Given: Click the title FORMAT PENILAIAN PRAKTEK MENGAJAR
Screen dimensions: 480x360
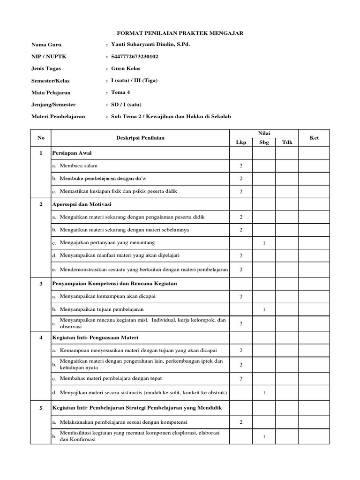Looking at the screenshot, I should coord(180,33).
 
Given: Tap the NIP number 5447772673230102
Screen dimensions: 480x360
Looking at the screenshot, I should coord(135,56).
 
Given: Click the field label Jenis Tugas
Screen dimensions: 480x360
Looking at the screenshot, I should coord(46,68).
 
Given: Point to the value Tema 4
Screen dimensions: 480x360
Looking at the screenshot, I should coord(120,92).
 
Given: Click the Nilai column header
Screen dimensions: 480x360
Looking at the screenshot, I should coord(264,134).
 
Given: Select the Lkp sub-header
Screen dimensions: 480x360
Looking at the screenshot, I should coord(241,142).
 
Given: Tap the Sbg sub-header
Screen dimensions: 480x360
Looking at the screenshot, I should coord(264,142).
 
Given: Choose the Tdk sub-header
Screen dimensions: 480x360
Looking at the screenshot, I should coord(287,142).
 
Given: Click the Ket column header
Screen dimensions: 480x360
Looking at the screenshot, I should coord(314,138).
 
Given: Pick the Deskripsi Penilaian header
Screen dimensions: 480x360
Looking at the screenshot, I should coord(140,138).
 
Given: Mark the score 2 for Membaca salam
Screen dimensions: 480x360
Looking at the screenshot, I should coord(241,166).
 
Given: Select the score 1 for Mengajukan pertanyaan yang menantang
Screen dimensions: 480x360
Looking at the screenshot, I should coord(264,243).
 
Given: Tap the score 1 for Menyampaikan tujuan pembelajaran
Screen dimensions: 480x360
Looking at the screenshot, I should coord(264,310).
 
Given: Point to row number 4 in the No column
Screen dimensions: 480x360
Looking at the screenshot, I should coord(41,337).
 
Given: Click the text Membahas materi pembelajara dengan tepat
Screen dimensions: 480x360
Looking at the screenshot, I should coord(111,378).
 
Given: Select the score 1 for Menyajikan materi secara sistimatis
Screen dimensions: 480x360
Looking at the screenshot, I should coord(264,392).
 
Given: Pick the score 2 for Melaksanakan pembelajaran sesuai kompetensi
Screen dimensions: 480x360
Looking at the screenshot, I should coord(241,422).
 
